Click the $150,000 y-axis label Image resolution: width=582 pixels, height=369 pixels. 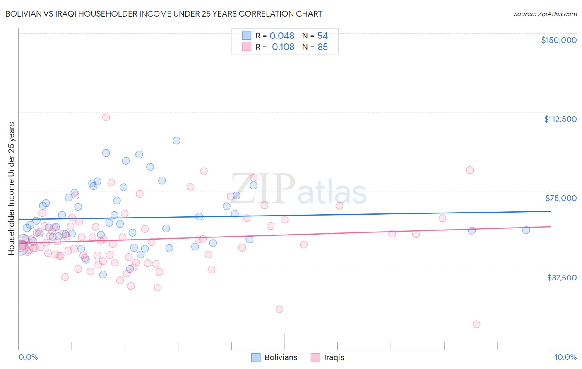[x=558, y=40]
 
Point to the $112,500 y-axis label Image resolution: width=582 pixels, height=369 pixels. [x=560, y=119]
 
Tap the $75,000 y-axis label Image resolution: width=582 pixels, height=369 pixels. [x=561, y=198]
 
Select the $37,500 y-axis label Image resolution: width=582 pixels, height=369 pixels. [x=562, y=278]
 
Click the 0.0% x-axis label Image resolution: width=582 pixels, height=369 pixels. [x=28, y=357]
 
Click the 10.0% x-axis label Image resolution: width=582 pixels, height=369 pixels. [x=565, y=357]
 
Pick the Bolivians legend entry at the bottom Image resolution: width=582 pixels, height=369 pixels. [x=275, y=358]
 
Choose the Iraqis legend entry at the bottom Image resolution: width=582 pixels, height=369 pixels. [x=328, y=358]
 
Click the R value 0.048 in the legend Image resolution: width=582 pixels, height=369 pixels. [x=282, y=36]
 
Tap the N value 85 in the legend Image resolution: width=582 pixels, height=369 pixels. [x=322, y=47]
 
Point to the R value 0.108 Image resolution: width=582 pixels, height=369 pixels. [x=283, y=47]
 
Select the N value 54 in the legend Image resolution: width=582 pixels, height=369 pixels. [x=322, y=36]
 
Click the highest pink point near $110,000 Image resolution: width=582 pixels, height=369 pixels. [x=106, y=117]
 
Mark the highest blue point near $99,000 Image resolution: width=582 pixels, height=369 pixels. [x=176, y=141]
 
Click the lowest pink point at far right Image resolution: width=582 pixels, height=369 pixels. [x=476, y=324]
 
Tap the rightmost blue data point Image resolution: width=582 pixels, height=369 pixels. [x=526, y=230]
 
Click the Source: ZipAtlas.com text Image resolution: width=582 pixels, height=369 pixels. [x=545, y=14]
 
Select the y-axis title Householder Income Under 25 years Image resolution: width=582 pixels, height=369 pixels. [x=12, y=188]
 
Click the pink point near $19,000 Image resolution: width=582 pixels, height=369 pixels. [x=279, y=309]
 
